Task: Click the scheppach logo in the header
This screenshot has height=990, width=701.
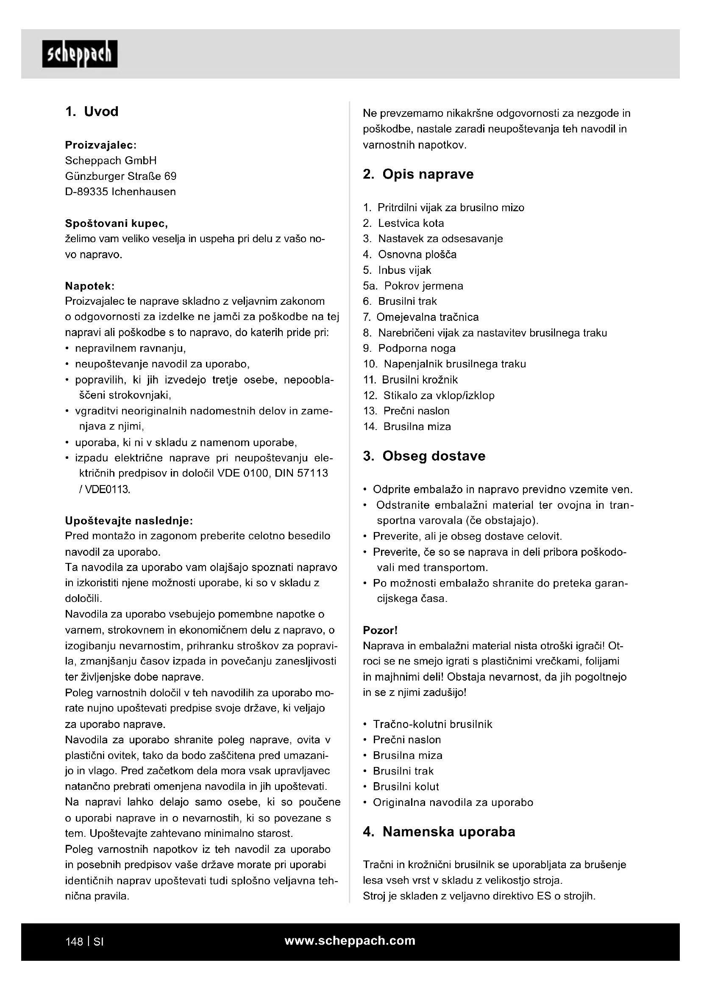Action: (80, 54)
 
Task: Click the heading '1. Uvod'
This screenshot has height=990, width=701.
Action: (92, 112)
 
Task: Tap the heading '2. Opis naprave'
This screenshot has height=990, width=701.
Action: (418, 174)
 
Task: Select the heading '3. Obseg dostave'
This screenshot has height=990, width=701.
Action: (424, 456)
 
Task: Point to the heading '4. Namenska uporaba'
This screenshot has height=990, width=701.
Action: (439, 832)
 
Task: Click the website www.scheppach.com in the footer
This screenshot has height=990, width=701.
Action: (350, 940)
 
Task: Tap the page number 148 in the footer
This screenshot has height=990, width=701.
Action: (74, 942)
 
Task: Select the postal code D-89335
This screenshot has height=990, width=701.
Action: (86, 192)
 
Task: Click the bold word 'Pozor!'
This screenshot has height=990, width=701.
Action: (380, 630)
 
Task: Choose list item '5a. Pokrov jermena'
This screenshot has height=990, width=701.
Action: (413, 286)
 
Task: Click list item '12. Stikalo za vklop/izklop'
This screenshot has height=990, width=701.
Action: (428, 395)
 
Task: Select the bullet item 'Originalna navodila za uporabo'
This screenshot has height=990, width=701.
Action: (453, 802)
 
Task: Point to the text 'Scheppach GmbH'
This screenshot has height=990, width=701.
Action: (111, 161)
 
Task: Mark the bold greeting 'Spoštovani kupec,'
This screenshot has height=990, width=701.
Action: (117, 223)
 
